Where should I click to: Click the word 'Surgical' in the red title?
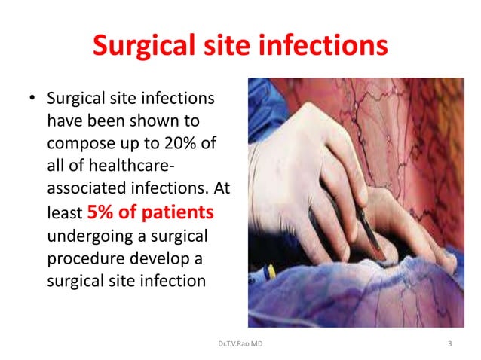point(141,47)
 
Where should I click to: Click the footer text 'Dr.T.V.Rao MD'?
point(240,344)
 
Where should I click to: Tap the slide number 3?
point(449,344)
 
